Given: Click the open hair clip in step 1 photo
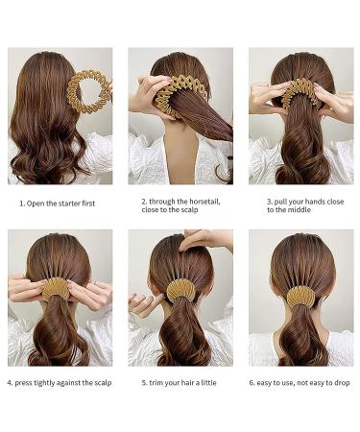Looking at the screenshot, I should [x=87, y=92].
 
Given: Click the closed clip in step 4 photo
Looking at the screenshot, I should [x=58, y=288].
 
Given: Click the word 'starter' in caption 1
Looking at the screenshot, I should [x=73, y=204].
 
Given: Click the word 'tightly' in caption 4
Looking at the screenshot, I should [x=50, y=383].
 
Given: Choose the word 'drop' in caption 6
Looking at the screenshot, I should [x=342, y=383].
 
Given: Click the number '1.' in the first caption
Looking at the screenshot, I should [x=22, y=204].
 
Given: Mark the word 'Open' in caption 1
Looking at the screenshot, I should [x=37, y=204].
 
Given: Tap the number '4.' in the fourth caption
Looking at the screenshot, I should [x=11, y=383].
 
